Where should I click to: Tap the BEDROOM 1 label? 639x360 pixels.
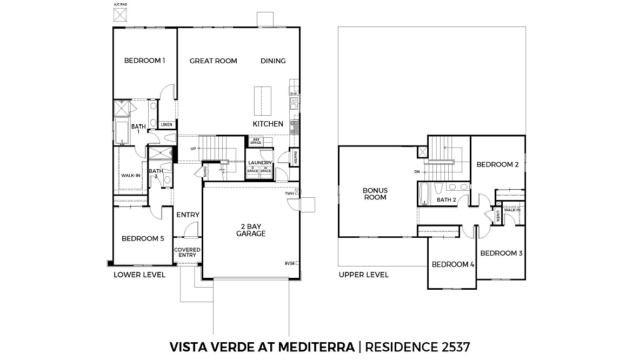click(x=144, y=61)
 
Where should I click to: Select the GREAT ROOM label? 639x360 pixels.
click(x=213, y=61)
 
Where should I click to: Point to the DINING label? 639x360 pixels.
click(x=273, y=61)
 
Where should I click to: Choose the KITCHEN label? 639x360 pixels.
click(x=268, y=124)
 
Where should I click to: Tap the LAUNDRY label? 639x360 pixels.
click(x=259, y=163)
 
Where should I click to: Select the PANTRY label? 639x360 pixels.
click(x=295, y=157)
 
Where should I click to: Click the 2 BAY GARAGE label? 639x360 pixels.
click(x=250, y=230)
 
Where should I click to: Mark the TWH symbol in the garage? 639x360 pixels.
click(x=297, y=192)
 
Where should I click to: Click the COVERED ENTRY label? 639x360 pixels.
click(x=188, y=252)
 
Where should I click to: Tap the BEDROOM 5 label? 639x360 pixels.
click(x=143, y=238)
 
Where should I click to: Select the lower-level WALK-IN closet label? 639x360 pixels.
click(x=130, y=175)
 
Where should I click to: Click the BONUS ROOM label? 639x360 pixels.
click(x=375, y=194)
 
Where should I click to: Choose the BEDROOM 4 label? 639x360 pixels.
click(x=452, y=264)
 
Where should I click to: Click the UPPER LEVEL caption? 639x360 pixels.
click(x=363, y=275)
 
